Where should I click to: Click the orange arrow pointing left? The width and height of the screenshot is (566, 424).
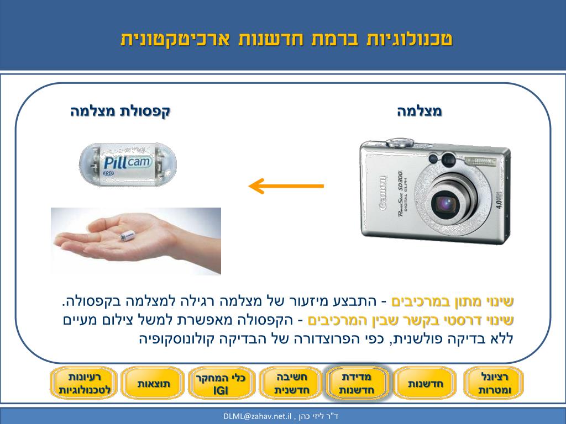pyautogui.click(x=286, y=186)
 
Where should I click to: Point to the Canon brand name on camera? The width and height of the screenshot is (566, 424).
pyautogui.click(x=383, y=193)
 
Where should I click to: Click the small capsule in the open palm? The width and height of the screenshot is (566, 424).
pyautogui.click(x=128, y=236)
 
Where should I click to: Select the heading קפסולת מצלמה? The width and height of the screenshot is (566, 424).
pyautogui.click(x=120, y=111)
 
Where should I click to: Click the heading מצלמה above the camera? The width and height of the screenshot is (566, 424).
pyautogui.click(x=420, y=111)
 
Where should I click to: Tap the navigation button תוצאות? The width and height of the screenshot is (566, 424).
pyautogui.click(x=154, y=384)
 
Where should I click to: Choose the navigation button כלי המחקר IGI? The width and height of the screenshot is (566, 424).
pyautogui.click(x=221, y=384)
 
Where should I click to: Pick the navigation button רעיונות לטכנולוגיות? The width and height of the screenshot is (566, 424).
pyautogui.click(x=84, y=384)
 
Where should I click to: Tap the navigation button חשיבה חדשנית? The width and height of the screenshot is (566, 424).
pyautogui.click(x=291, y=384)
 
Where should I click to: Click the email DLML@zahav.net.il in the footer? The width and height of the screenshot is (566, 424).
pyautogui.click(x=258, y=416)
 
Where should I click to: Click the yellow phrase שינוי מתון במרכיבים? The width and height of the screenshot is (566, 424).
pyautogui.click(x=453, y=301)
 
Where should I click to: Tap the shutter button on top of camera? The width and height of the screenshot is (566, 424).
pyautogui.click(x=400, y=142)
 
